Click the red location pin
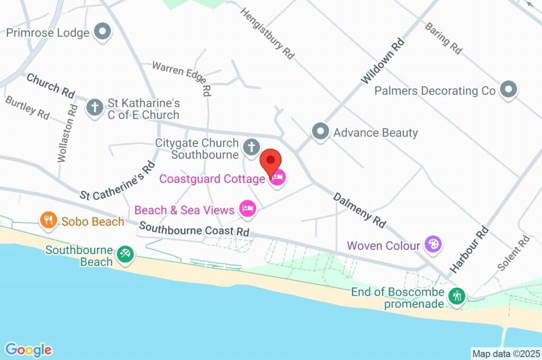[x=271, y=160]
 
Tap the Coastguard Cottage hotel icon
[x=278, y=179]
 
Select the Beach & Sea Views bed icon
[x=247, y=210]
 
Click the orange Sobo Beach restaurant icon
[x=49, y=220]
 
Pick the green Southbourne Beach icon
[x=125, y=254]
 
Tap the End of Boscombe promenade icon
[x=456, y=296]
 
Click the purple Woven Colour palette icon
[x=434, y=245]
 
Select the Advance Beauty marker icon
[x=320, y=132]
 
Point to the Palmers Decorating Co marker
[x=508, y=90]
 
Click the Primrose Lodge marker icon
[x=102, y=32]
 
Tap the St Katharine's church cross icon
[x=95, y=107]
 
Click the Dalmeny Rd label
[x=359, y=210]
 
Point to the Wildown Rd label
[x=383, y=61]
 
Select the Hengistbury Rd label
[x=267, y=33]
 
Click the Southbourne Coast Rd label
[x=194, y=231]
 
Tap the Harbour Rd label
[x=468, y=249]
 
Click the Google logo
[x=29, y=349]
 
